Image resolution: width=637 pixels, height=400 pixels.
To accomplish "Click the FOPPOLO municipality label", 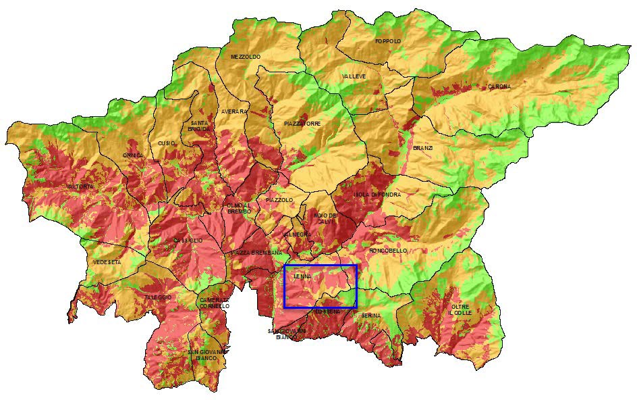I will point(388,42).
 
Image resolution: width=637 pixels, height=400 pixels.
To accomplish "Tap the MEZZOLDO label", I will point(245,57).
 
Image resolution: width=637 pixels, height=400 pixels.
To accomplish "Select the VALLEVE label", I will point(354,77).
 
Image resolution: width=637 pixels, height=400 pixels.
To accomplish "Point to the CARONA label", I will point(499,87).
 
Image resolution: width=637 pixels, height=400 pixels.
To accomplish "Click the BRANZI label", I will point(423,148).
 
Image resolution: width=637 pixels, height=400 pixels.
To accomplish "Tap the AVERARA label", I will point(234,111).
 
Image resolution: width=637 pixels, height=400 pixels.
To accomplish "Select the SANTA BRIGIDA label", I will point(198,125).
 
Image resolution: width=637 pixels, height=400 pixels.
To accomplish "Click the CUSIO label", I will point(167,143).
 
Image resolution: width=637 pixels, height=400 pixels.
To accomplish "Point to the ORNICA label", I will point(133,155).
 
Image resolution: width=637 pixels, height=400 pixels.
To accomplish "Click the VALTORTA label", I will point(81,186).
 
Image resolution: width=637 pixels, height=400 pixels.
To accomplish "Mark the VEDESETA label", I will point(107,262).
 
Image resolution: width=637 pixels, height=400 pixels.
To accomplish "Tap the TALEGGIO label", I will point(157,297).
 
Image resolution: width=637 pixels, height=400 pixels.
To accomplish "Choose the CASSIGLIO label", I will point(188,241).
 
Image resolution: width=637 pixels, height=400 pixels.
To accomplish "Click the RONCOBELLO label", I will point(388,251).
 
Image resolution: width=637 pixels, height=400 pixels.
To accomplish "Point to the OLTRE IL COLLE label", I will point(462,311).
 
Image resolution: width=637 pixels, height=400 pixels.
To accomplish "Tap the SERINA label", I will point(370,316).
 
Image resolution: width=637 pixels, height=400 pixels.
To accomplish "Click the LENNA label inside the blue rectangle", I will point(302,276).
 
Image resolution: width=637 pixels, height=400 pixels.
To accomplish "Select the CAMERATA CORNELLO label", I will point(215,303).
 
